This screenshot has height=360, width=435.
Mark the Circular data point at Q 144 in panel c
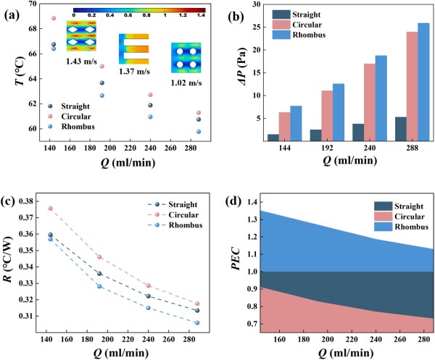click(x=50, y=209)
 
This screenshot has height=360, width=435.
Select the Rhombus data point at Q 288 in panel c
click(x=197, y=323)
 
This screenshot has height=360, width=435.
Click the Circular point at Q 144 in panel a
click(x=54, y=18)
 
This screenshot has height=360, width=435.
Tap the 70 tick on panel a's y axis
click(x=33, y=4)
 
